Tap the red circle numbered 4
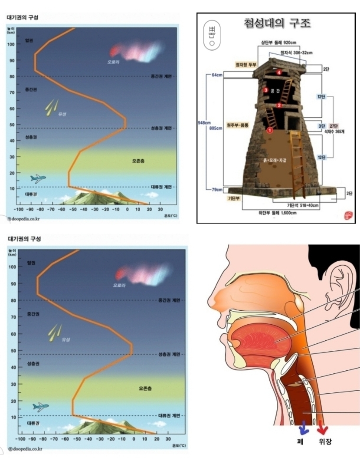click(279, 72)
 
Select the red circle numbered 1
click(269, 130)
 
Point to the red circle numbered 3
click(265, 90)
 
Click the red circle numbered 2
click(280, 105)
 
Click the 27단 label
click(334, 125)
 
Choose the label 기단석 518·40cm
click(302, 205)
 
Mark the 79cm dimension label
click(217, 190)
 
